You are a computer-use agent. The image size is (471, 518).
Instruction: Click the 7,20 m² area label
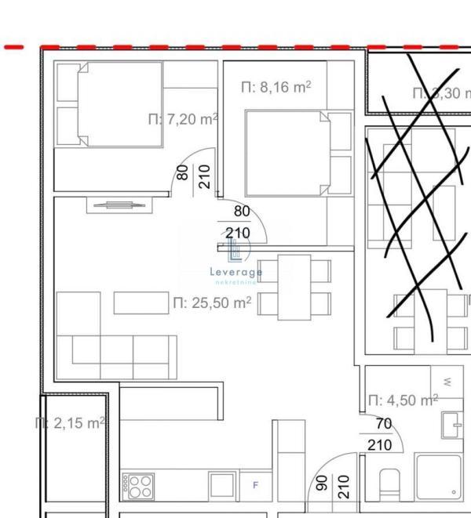tap(183, 119)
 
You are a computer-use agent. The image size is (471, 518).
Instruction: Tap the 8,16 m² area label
tap(276, 87)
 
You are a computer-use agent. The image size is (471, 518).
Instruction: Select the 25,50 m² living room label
tap(212, 302)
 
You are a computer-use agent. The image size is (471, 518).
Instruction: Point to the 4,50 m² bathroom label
tap(403, 400)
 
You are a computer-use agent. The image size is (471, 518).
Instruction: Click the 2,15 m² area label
tap(71, 423)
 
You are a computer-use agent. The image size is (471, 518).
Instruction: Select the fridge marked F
tap(255, 486)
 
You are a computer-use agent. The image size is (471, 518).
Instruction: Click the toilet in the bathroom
tap(390, 484)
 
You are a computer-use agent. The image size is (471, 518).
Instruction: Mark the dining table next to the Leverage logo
tap(294, 287)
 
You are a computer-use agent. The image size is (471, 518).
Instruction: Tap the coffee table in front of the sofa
tap(141, 302)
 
